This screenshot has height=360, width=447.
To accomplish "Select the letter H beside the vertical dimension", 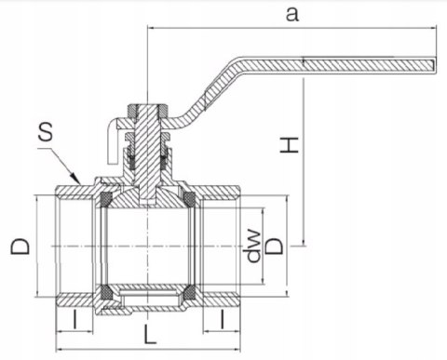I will (291, 143).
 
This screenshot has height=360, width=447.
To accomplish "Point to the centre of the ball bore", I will (150, 247).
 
